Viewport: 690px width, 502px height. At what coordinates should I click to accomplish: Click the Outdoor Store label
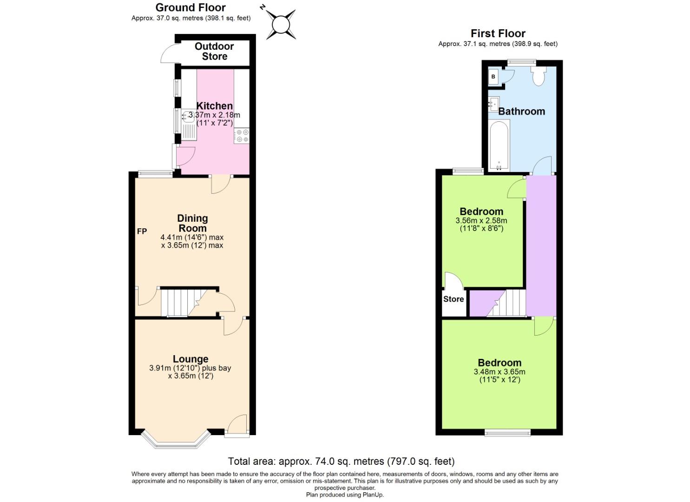coord(214,51)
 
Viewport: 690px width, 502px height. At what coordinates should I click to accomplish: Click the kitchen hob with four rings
coord(242,135)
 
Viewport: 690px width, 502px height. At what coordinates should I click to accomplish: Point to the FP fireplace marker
coord(142,231)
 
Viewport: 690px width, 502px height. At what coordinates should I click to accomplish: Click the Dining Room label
coord(192,223)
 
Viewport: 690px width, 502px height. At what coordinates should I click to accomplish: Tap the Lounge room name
coord(191,359)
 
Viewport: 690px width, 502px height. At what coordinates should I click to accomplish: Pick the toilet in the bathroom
coord(539,76)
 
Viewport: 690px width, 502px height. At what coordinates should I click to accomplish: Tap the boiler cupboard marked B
coord(493,77)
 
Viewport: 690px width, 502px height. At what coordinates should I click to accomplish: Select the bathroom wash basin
coord(493,105)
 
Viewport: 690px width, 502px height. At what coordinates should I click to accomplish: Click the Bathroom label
coord(521,112)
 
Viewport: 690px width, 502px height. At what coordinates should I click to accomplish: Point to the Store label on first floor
coord(453,299)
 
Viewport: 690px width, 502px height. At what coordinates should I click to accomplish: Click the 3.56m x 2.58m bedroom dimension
coord(481,220)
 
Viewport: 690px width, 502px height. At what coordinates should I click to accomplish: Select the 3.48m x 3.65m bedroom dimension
coord(499,372)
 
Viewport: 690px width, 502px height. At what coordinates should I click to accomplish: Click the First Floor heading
coord(498,33)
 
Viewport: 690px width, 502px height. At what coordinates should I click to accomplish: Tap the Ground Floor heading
coord(191,7)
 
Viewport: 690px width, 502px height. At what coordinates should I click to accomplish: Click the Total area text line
coord(341,462)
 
